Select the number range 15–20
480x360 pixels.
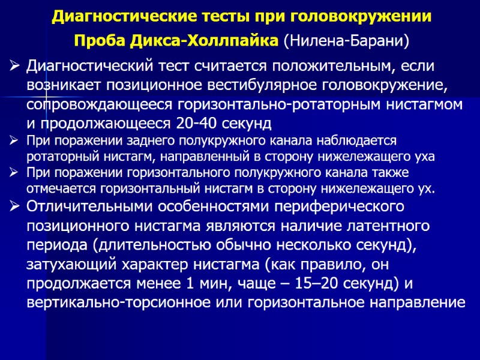pos(314,284)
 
